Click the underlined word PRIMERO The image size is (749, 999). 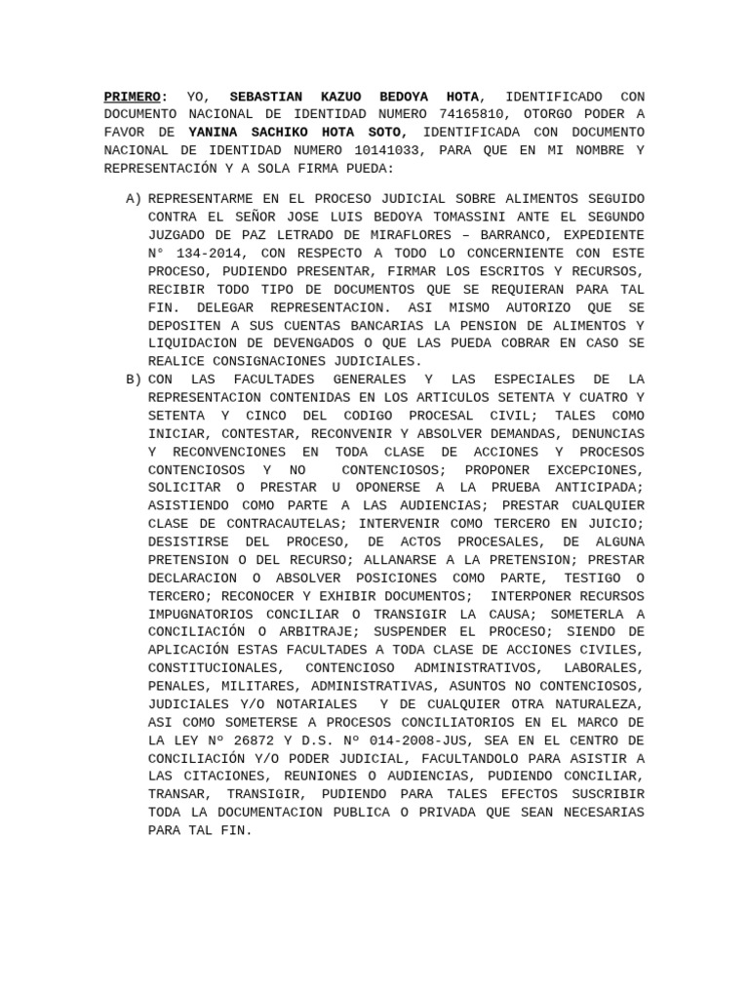(x=132, y=97)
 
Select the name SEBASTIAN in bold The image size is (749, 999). (x=266, y=97)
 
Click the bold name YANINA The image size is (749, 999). (x=214, y=133)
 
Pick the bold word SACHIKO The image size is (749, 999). (x=282, y=133)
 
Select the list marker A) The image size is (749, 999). (x=134, y=199)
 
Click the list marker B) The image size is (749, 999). (x=134, y=379)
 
